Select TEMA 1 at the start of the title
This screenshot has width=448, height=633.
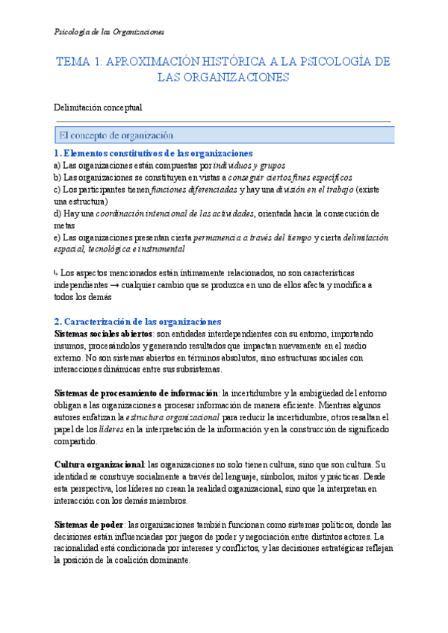click(78, 61)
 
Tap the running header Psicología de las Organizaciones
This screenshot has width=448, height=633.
click(111, 32)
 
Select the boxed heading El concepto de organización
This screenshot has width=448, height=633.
click(116, 135)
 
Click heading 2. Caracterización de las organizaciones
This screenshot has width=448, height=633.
click(137, 322)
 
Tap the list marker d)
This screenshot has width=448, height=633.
click(58, 213)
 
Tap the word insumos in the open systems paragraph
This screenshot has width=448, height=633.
click(72, 345)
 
